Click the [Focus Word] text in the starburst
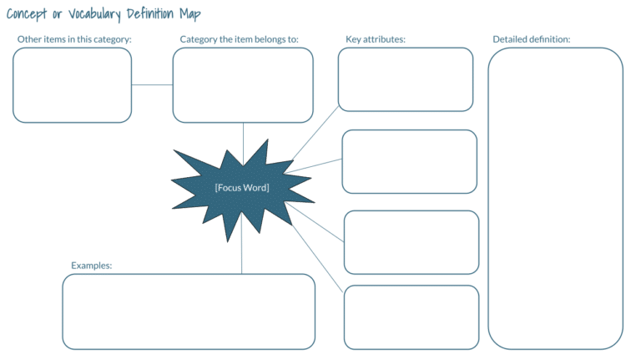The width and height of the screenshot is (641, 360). click(241, 188)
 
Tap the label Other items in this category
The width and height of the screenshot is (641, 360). click(75, 39)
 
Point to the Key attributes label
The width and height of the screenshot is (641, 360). click(375, 39)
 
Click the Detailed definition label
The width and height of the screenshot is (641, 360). click(531, 39)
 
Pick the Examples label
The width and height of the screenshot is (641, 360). click(92, 266)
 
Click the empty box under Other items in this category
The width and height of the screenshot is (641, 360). click(73, 84)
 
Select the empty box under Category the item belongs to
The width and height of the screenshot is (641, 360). click(243, 84)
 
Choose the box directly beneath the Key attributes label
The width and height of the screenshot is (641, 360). click(406, 79)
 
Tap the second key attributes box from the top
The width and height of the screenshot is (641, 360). click(410, 162)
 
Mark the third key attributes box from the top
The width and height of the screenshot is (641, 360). click(411, 242)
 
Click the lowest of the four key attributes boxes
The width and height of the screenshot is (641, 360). click(411, 317)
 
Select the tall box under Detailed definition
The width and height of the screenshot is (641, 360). click(556, 198)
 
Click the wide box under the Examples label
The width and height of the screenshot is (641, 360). click(189, 312)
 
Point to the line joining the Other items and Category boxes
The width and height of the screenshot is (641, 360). click(153, 84)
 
